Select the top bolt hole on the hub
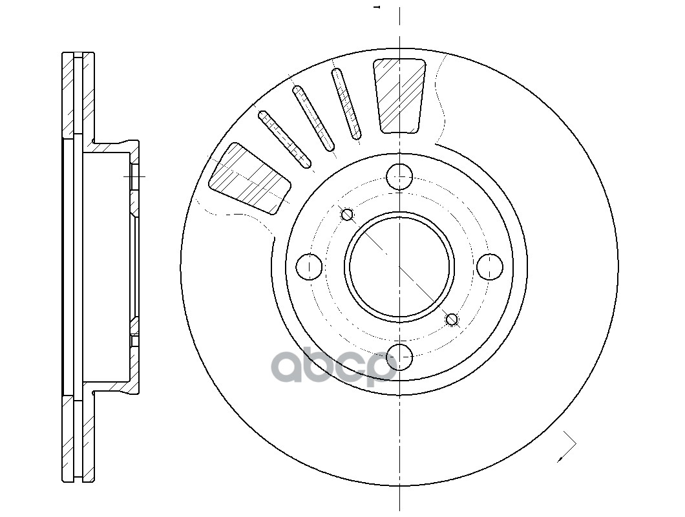(x=400, y=176)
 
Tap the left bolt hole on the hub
(x=310, y=266)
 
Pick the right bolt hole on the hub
(x=490, y=266)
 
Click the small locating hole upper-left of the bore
(x=347, y=214)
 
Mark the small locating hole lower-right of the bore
(x=452, y=319)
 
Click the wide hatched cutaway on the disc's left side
(x=249, y=178)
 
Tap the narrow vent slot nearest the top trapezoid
(x=346, y=103)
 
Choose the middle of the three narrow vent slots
(x=313, y=118)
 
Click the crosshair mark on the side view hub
(x=134, y=176)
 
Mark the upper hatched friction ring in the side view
(x=78, y=94)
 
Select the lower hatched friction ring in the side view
(x=78, y=439)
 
